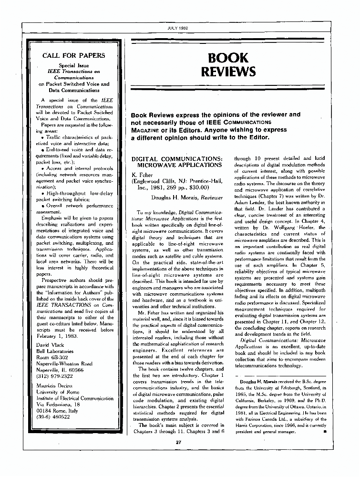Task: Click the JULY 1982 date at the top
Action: pyautogui.click(x=180, y=28)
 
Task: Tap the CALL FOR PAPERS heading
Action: pyautogui.click(x=74, y=55)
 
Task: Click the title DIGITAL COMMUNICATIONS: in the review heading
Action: pyautogui.click(x=176, y=158)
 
